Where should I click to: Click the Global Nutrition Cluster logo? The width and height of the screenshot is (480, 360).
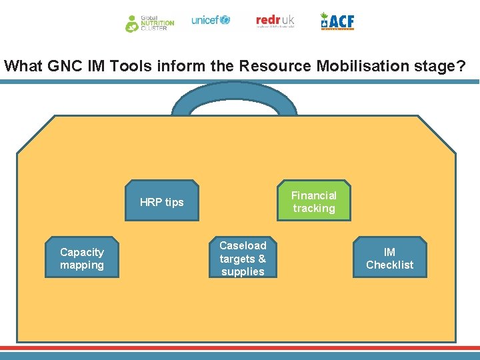click(x=149, y=23)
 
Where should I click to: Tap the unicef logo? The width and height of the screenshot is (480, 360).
click(x=210, y=20)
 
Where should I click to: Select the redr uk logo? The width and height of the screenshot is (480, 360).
click(x=275, y=21)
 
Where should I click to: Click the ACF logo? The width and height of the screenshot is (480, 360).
click(x=337, y=21)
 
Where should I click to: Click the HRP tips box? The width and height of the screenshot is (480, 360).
click(x=162, y=201)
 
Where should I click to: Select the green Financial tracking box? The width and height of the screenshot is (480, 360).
click(x=313, y=201)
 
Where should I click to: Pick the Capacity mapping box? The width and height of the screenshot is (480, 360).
click(x=82, y=258)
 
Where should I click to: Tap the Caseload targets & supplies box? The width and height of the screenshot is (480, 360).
click(x=243, y=258)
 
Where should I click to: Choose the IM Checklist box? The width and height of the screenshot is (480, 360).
click(x=389, y=258)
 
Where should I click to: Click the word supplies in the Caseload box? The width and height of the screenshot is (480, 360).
click(x=243, y=271)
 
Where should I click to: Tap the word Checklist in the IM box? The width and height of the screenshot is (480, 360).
click(x=389, y=265)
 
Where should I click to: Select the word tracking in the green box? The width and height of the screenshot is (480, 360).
click(x=313, y=208)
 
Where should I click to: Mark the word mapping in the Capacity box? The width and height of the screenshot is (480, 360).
click(x=82, y=265)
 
